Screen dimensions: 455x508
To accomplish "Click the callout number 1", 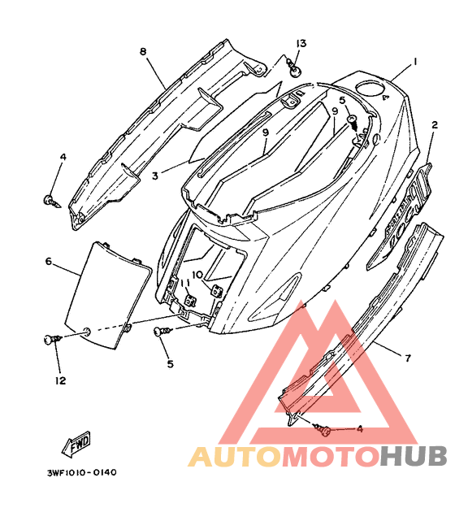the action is coord(415,61).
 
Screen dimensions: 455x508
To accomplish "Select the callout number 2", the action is coord(434,124).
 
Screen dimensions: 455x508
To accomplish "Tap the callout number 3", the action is coord(155,176).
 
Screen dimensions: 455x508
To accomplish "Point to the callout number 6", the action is coord(49,261).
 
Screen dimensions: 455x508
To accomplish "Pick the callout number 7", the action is coord(408,358).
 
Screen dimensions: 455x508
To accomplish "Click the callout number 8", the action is coord(143,51).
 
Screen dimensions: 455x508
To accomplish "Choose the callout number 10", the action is coord(197,275).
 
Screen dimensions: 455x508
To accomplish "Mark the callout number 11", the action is coord(185,284).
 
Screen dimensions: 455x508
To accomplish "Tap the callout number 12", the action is coord(61,380).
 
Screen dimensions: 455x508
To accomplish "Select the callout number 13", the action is coord(301,43).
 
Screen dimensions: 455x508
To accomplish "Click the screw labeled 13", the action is coord(294,68).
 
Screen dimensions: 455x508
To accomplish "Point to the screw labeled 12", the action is coord(53,340).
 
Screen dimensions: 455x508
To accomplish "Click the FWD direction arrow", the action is coord(76,445).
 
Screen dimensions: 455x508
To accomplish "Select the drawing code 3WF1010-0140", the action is coord(81,473).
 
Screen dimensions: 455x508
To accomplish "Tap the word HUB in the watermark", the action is coord(414,456).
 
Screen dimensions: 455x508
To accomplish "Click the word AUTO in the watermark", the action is coord(234,456).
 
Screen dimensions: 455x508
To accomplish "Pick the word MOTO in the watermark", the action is coord(331,456).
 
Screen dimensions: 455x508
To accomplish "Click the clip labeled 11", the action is coord(190,300).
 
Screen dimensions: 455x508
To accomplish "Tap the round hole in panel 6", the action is coord(87,331).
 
